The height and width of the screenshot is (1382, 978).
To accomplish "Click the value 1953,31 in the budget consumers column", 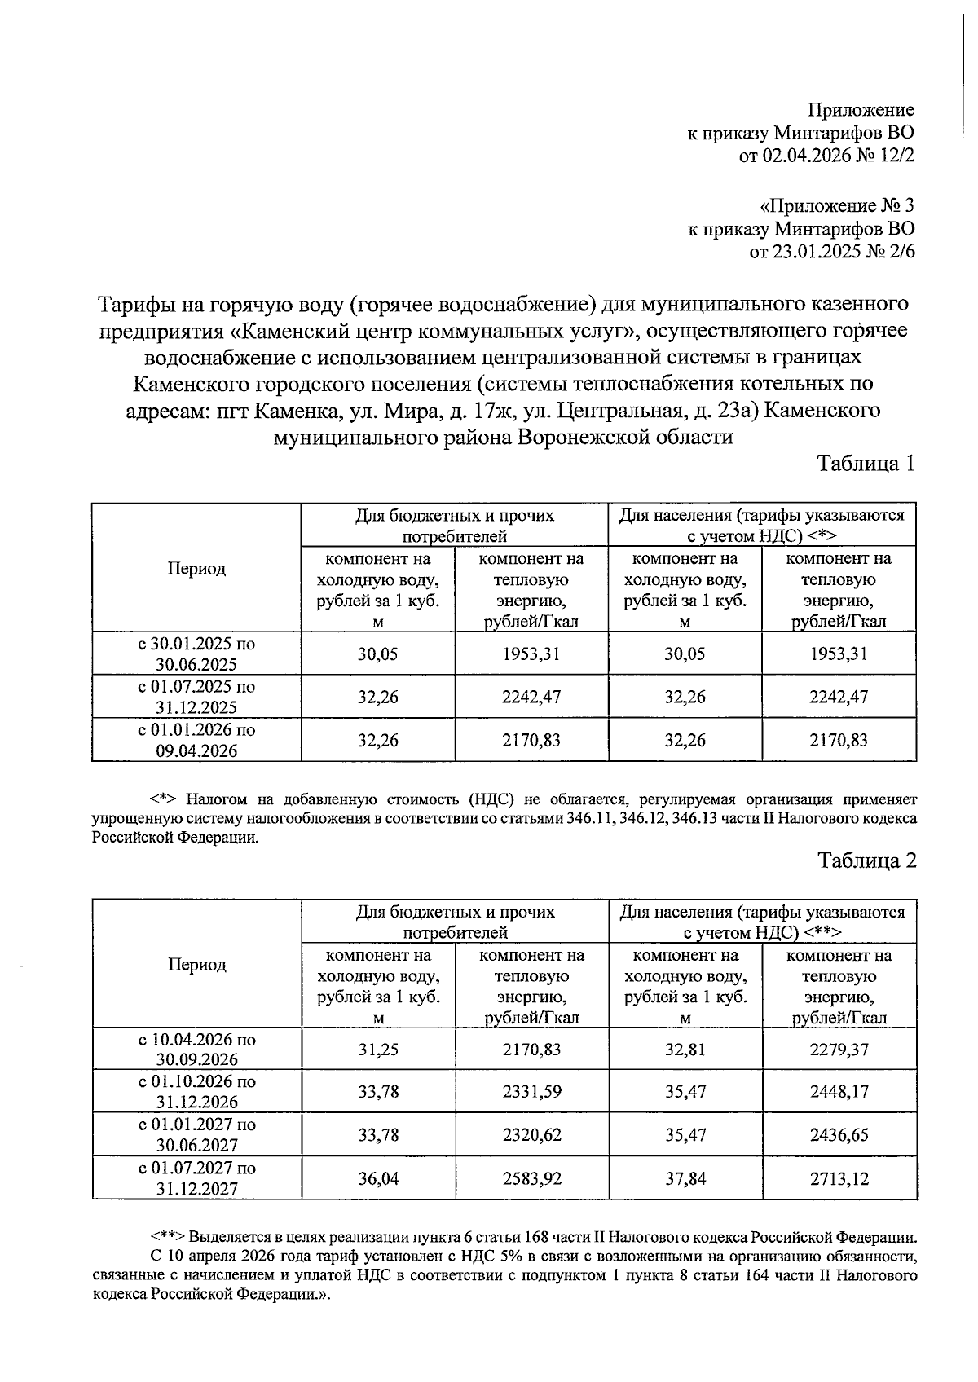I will click(x=531, y=654).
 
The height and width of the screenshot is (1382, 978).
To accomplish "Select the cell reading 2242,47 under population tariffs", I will click(x=839, y=697).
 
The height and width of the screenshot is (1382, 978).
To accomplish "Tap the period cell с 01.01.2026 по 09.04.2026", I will click(x=196, y=740).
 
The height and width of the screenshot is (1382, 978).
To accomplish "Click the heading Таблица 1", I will click(x=866, y=464).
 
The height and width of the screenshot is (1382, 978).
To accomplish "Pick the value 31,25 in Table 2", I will click(x=378, y=1050).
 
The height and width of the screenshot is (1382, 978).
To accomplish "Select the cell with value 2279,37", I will click(x=839, y=1050).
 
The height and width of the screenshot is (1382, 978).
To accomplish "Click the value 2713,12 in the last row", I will click(x=839, y=1178).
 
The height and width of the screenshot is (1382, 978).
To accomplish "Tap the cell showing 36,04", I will click(x=378, y=1178).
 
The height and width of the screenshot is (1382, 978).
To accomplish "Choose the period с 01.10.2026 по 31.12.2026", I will click(x=196, y=1092).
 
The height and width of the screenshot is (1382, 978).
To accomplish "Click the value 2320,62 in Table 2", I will click(x=531, y=1135).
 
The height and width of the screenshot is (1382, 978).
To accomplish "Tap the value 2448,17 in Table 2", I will click(x=839, y=1092).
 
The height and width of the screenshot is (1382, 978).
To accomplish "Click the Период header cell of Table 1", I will click(x=196, y=569).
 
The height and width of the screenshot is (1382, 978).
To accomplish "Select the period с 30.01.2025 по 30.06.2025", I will click(x=196, y=654).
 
